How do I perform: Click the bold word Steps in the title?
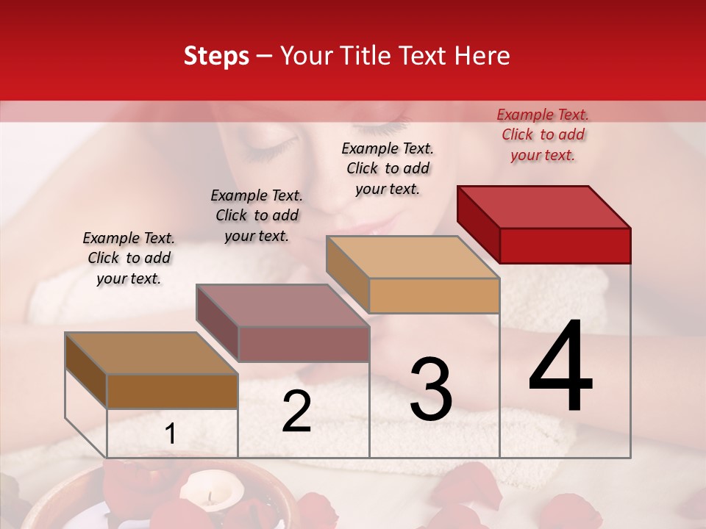(216, 56)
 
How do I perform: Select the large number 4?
(560, 367)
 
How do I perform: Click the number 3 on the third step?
(431, 389)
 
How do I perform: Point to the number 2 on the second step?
(296, 412)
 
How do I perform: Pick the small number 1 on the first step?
(170, 435)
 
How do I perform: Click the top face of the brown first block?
(151, 353)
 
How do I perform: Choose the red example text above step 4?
(543, 134)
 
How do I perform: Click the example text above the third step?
(388, 168)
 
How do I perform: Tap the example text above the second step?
(257, 215)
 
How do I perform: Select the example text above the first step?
(129, 258)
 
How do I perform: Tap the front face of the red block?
(565, 245)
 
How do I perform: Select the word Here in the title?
(484, 56)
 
